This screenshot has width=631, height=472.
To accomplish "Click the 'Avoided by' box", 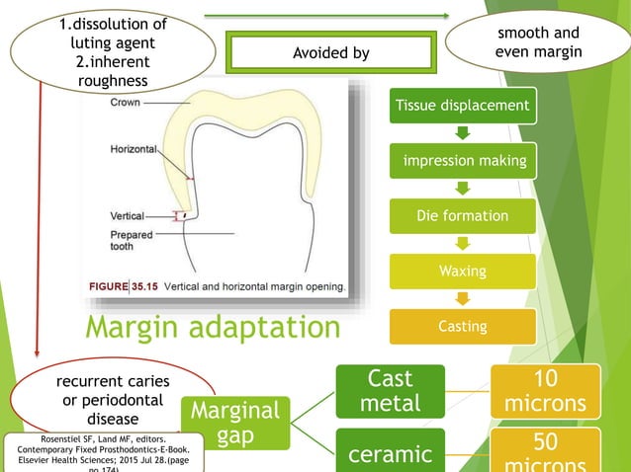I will coord(330,53).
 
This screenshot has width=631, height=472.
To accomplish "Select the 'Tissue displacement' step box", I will coord(462,106).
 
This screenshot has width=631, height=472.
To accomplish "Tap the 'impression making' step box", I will coord(462,160).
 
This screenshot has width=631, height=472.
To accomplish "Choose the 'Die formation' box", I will coord(462,215).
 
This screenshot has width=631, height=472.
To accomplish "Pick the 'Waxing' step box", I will coord(462,270).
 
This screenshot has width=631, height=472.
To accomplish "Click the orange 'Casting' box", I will coord(462,326).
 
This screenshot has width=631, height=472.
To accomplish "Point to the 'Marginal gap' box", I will coord(235,423).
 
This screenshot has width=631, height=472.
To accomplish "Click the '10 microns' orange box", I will coord(546,391).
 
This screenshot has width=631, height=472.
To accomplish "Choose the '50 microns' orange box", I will coord(546,450).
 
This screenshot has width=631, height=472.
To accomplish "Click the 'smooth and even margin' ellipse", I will coord(537,41).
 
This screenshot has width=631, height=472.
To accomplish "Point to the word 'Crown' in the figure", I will coord(125,103).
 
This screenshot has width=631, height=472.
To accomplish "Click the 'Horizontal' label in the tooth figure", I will coord(133,149).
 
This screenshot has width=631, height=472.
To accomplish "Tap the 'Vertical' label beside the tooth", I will coord(127,215).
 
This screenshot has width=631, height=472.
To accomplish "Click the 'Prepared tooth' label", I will coord(133,240).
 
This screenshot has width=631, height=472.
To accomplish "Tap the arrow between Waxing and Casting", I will coord(462,297).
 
